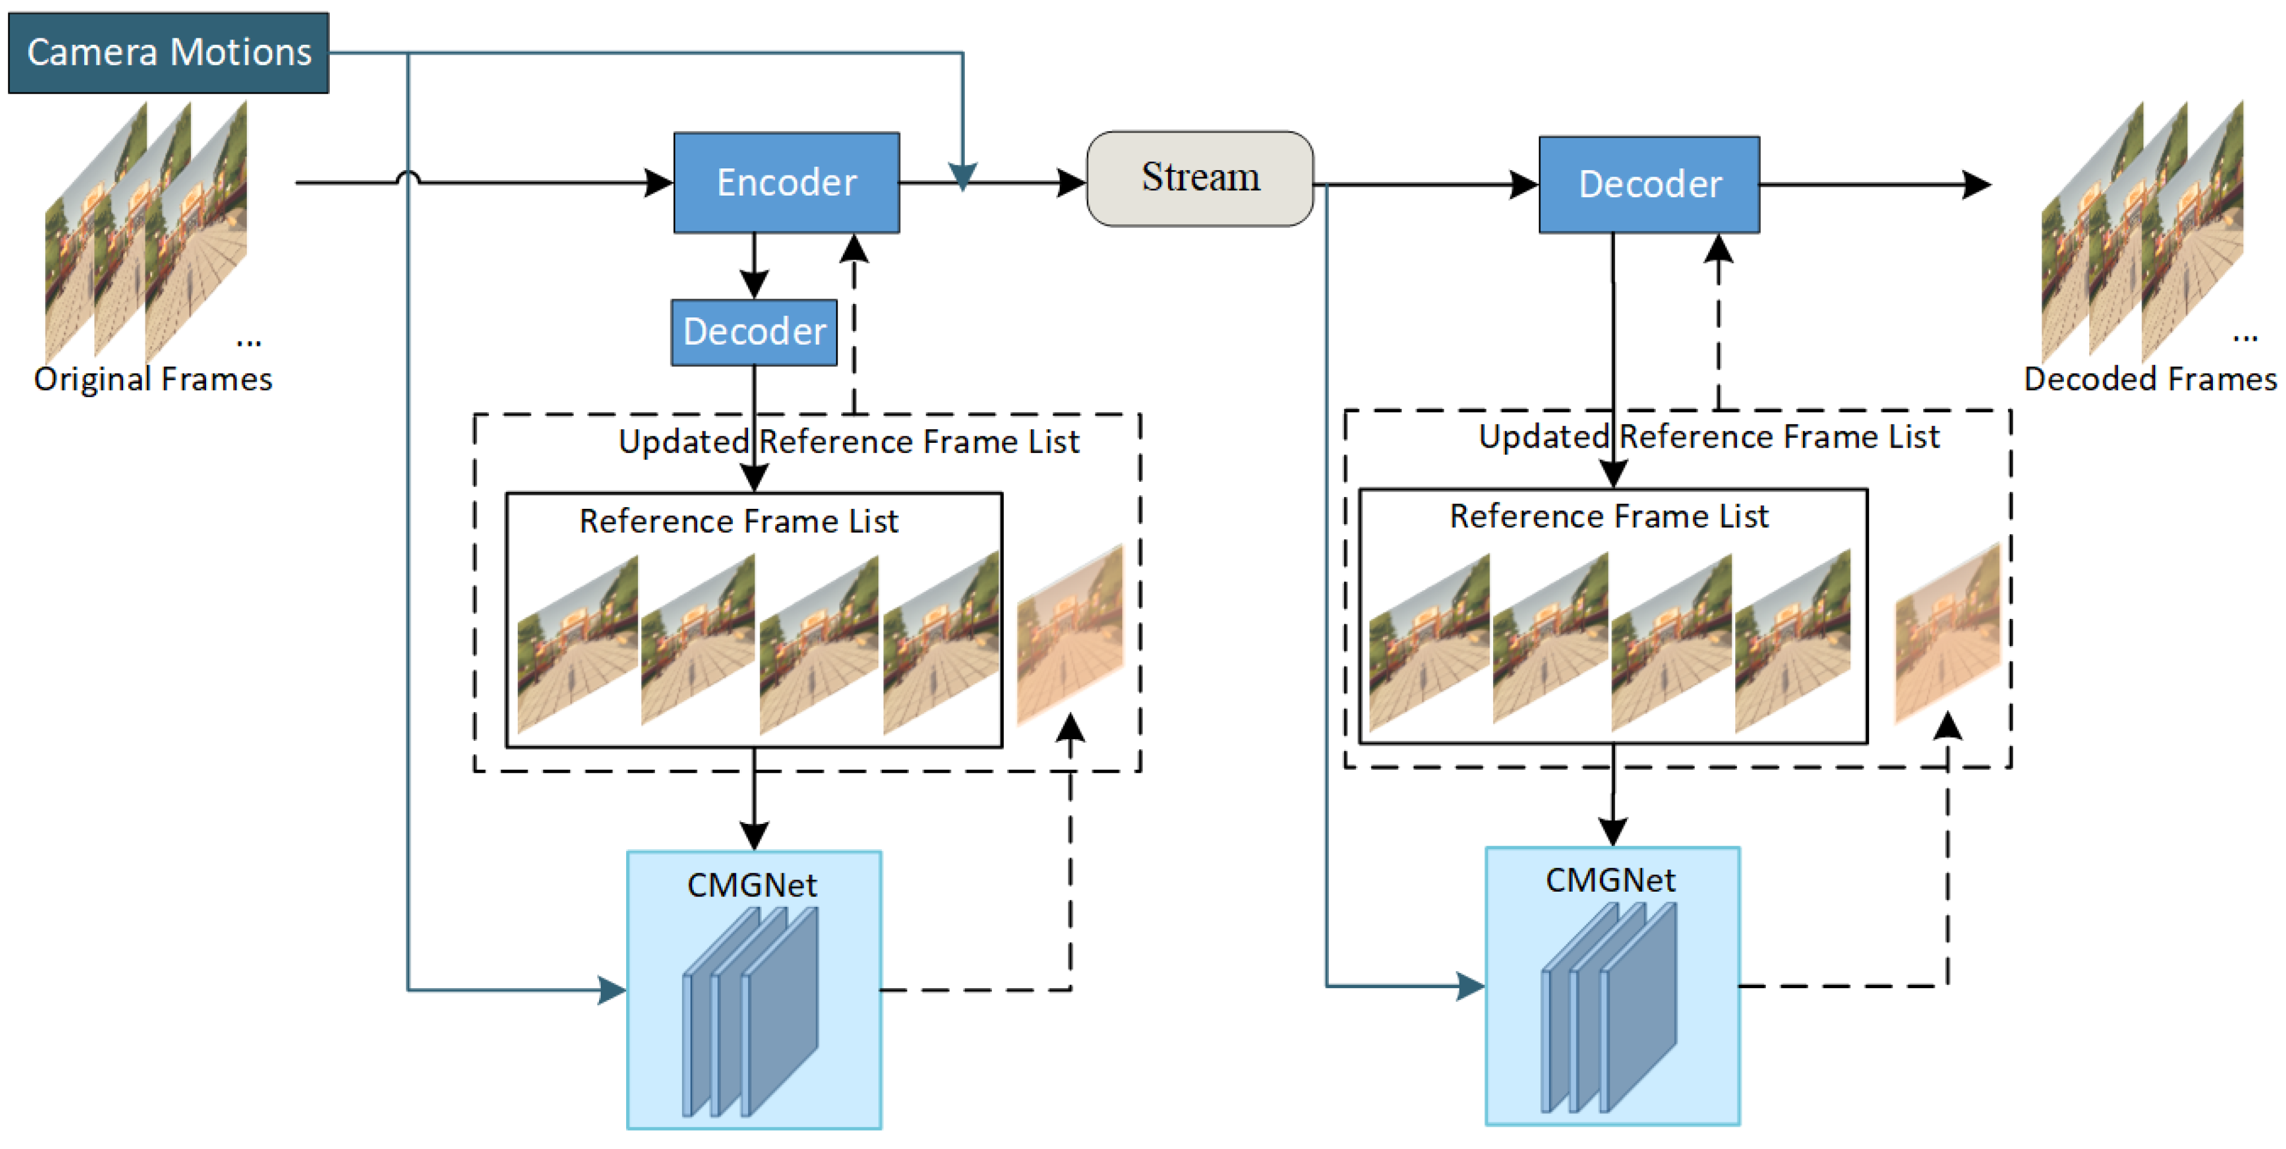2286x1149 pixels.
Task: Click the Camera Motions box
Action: (x=168, y=52)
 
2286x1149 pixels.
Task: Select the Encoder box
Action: (x=786, y=183)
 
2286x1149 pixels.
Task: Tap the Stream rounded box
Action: (x=1200, y=178)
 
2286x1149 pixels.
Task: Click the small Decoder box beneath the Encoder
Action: (x=755, y=332)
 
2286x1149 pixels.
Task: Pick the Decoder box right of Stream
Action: (x=1649, y=184)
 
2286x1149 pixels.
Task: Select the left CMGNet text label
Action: (x=752, y=885)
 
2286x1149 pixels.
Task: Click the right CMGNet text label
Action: (x=1610, y=880)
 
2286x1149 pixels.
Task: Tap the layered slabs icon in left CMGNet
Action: (x=751, y=1011)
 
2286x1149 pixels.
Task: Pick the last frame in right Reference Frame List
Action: (x=1792, y=641)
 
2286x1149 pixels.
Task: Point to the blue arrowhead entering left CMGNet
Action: (x=613, y=989)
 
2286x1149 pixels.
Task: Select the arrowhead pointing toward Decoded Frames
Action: (x=1977, y=184)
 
